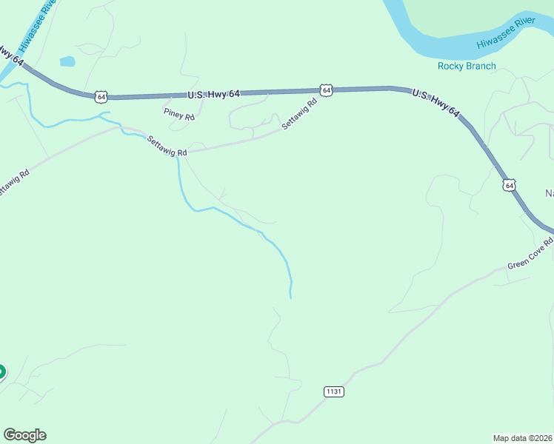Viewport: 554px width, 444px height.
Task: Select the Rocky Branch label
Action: (467, 66)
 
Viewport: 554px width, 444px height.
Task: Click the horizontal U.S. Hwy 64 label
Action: (213, 94)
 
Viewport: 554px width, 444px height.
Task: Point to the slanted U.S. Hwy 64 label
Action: (436, 104)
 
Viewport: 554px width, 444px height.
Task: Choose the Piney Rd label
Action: (178, 116)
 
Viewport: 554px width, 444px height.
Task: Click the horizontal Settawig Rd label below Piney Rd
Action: (167, 145)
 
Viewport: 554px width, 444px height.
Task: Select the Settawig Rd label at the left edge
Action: (13, 184)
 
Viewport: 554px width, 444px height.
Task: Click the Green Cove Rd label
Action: (530, 255)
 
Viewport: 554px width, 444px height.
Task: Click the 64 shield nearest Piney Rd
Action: (101, 97)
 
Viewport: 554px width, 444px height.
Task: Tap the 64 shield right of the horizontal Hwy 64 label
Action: (326, 90)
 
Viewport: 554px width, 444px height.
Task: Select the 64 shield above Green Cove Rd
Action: (510, 186)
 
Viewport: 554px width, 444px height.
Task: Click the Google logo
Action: (24, 435)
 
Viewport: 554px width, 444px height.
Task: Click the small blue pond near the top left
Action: (67, 61)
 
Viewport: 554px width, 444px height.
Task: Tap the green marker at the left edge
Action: (1, 372)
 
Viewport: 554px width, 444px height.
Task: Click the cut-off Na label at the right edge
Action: (550, 194)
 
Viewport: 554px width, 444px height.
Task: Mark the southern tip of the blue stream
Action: (290, 297)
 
